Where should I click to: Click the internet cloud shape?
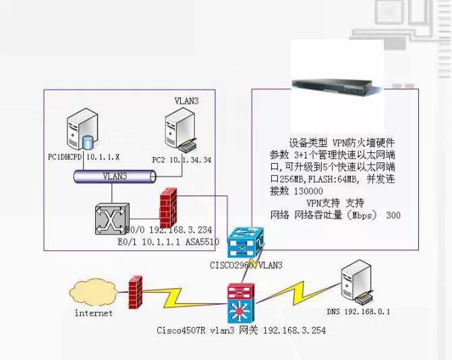[93, 294]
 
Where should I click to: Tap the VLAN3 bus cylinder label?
[115, 176]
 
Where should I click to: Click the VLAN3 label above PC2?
[186, 100]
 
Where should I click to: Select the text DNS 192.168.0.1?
[359, 311]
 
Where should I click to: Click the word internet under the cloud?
[93, 313]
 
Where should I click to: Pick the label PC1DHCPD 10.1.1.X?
[84, 157]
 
